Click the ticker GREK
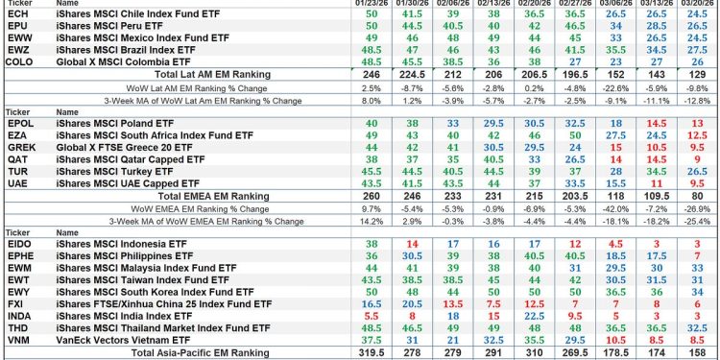(21, 148)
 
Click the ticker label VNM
(19, 340)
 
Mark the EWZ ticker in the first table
(19, 48)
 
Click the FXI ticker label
(17, 304)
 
